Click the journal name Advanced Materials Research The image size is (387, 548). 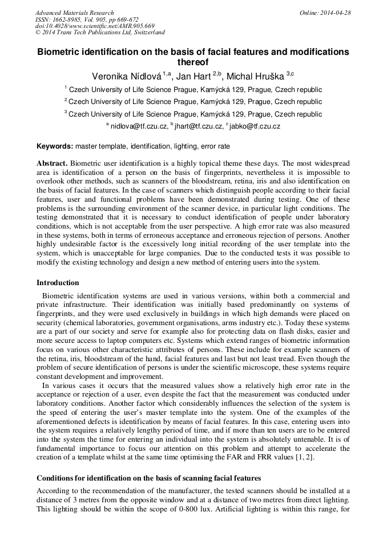(74, 13)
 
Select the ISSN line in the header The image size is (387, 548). (87, 19)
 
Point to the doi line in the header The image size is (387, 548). (95, 26)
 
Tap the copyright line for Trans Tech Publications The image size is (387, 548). (100, 33)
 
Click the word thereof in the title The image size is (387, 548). (193, 62)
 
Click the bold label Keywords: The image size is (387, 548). (55, 147)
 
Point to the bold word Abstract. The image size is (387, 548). (52, 163)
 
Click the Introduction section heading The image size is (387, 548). (58, 283)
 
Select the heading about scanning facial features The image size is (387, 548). (148, 478)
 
